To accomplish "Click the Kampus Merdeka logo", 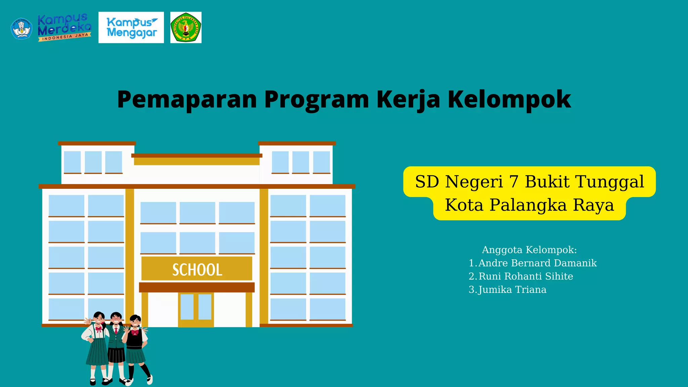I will pos(64,28).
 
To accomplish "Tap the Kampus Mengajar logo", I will pos(131,28).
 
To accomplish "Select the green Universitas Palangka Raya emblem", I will pos(186,28).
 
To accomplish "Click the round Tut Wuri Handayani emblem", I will pos(21,29).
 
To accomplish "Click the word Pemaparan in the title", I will pos(187,99).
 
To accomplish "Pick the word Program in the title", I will pos(316,99).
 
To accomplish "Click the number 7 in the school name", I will pos(514,182).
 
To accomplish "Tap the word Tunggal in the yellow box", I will pos(610,182).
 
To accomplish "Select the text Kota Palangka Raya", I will pos(529,205).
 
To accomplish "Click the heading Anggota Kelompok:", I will pos(529,250).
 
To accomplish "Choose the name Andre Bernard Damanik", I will pos(537,263).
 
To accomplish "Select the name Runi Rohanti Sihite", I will pos(525,276).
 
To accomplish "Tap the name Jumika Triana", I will pos(512,290).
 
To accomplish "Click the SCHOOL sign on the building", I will pos(197,269).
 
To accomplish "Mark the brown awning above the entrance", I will pos(197,287).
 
